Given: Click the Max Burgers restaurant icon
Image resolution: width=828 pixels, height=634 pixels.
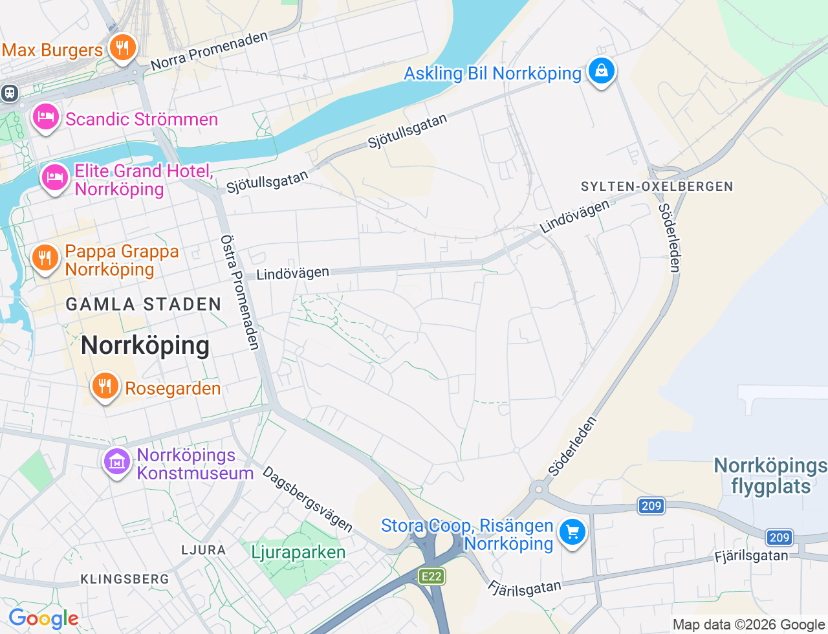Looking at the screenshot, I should tap(122, 48).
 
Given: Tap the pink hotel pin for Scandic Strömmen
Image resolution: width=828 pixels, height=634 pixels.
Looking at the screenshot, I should tap(45, 117).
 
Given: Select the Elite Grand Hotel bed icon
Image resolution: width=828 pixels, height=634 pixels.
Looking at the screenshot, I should tap(54, 177).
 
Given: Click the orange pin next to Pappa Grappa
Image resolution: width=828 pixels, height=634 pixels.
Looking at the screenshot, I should tap(45, 258).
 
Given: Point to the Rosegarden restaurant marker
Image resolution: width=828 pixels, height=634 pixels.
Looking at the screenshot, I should tap(104, 386).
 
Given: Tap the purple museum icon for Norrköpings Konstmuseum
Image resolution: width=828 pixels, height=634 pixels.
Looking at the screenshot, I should tap(117, 462).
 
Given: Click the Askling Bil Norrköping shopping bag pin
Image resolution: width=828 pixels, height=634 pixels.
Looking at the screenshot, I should tap(601, 71).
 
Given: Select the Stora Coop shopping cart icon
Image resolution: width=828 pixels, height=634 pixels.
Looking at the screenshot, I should tap(572, 532).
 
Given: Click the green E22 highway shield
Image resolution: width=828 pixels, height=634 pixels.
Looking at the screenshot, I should tap(431, 576).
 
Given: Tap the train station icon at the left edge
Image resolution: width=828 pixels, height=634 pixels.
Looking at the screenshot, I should tap(10, 93).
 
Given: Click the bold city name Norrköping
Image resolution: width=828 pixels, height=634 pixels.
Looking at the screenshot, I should tap(145, 345).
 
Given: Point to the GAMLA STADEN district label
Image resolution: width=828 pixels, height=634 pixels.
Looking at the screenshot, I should tap(144, 305).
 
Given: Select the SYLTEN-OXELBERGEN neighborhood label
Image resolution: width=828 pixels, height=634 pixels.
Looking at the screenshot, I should tap(657, 187).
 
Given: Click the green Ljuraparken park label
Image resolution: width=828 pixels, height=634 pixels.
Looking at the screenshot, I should tap(298, 552).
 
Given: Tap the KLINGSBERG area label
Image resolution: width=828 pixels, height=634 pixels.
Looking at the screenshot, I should tap(124, 579).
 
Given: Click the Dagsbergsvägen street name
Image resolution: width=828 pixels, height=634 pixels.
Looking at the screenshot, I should tap(308, 499).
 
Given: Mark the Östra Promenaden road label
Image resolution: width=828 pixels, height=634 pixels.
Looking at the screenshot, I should tap(240, 292).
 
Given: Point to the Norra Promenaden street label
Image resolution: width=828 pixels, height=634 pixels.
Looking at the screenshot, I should tap(209, 50).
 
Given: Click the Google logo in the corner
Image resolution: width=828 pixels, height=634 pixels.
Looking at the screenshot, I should tap(43, 619).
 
